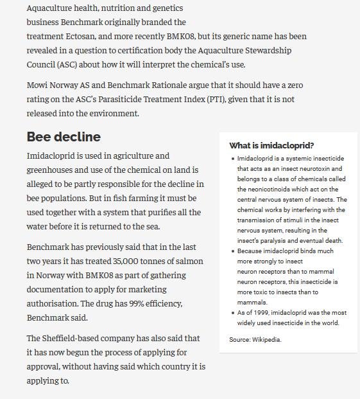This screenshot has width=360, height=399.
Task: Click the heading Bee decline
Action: coord(64,137)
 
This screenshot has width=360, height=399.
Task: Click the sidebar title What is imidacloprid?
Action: coord(271,146)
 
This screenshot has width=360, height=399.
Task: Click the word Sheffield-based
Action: coord(76,339)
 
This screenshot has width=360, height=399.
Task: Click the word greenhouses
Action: coord(52,170)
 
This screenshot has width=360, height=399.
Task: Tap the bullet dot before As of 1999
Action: coord(232,313)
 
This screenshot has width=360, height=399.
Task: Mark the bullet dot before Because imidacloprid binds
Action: coord(232,251)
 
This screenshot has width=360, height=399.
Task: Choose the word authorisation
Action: coord(53,304)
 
